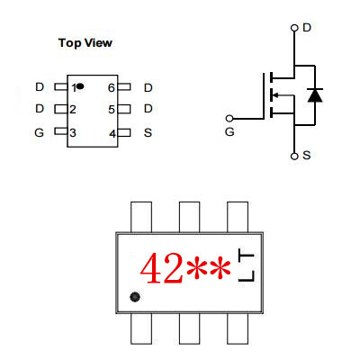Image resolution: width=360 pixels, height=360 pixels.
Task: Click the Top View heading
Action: click(x=85, y=43)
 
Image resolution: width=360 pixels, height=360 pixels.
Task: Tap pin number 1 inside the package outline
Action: click(x=74, y=88)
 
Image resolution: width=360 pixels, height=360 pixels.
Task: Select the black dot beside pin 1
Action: click(x=80, y=86)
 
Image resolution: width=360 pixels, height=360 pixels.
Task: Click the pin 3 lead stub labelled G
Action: click(x=61, y=131)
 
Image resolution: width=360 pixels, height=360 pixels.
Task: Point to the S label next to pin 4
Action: click(x=148, y=132)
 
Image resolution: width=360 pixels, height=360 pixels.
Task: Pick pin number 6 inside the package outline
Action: click(x=112, y=88)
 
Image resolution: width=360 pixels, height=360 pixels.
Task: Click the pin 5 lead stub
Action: click(x=124, y=109)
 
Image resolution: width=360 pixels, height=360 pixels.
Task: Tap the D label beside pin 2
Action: click(x=40, y=108)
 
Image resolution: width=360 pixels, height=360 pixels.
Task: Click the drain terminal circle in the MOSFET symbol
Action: click(x=294, y=28)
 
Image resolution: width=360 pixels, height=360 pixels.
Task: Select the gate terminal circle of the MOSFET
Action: click(x=229, y=119)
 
